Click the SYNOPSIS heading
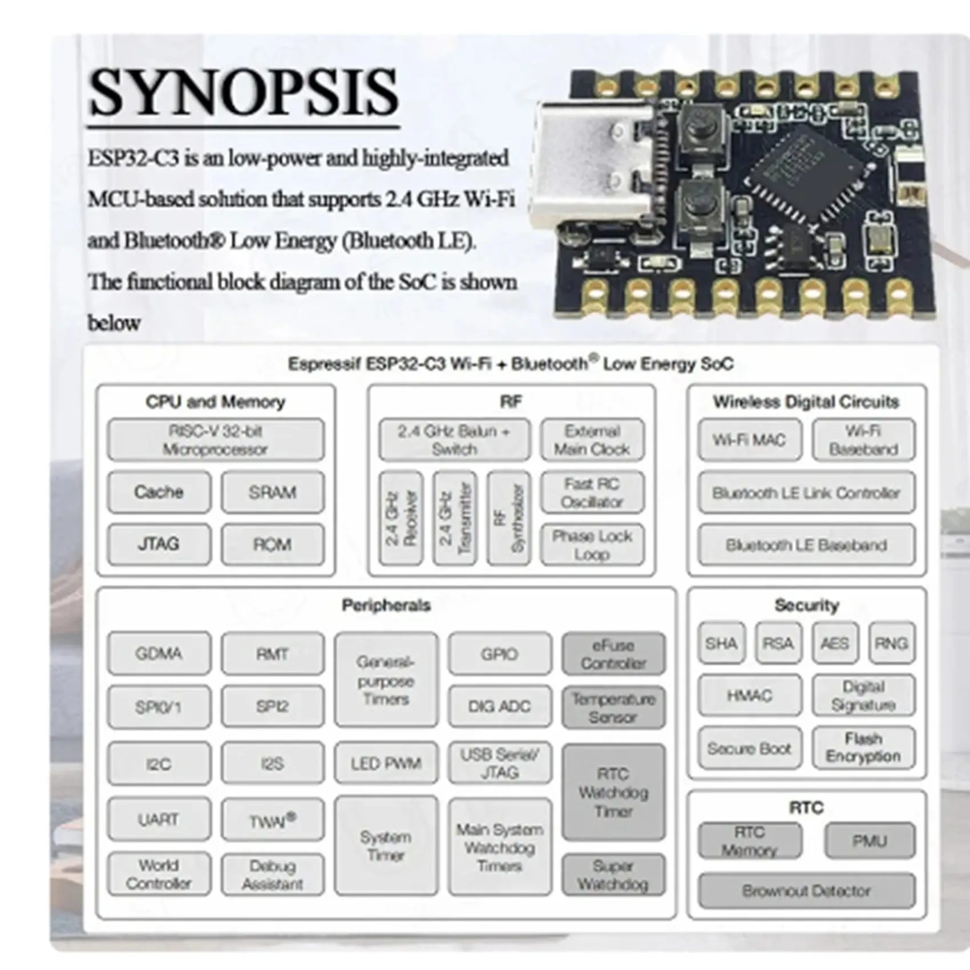point(243,92)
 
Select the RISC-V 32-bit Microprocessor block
point(216,440)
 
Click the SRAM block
point(272,492)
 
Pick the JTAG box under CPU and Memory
point(159,544)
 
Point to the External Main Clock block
point(592,440)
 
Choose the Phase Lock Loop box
point(592,545)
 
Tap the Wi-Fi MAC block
point(749,440)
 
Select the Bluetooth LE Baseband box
point(806,545)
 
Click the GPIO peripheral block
point(500,654)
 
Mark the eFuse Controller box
point(613,654)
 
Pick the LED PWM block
point(386,763)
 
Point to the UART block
point(159,820)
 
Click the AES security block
point(835,644)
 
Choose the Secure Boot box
point(749,748)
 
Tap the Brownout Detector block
point(806,891)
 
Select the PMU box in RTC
point(869,841)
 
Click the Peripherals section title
point(386,605)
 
